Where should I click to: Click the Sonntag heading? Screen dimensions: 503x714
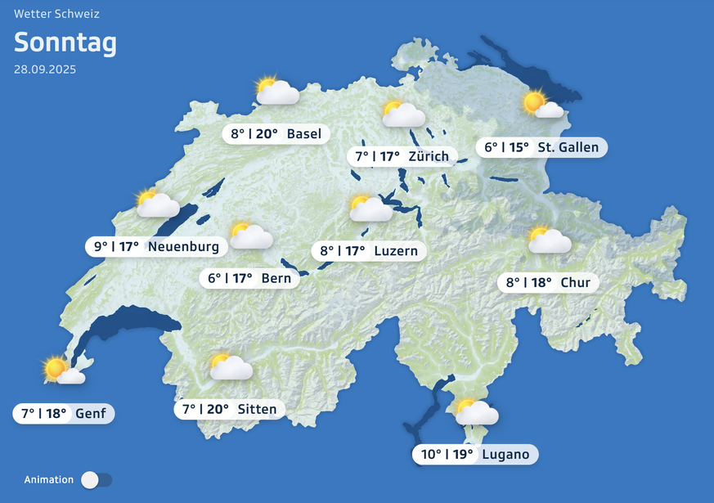tap(65, 43)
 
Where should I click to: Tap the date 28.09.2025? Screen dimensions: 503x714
tap(45, 70)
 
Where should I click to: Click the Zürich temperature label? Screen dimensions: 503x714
tap(402, 156)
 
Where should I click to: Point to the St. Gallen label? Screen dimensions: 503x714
tap(541, 148)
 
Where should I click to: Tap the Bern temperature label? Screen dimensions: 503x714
tap(249, 278)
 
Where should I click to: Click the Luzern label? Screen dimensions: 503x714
tap(369, 251)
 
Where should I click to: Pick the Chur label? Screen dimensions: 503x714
tap(548, 283)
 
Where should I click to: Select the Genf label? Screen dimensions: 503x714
tap(64, 413)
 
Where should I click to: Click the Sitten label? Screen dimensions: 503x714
tap(230, 409)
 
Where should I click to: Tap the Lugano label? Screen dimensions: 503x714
tap(475, 455)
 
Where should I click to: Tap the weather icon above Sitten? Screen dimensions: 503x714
tap(230, 366)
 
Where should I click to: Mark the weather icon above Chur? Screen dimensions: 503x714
tap(549, 240)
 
